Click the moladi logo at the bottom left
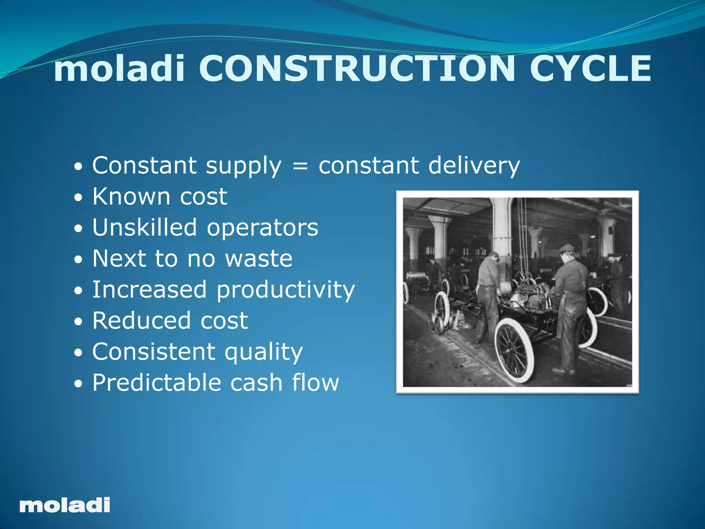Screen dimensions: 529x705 point(65,505)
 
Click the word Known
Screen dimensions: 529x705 point(131,197)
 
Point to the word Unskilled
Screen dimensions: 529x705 point(145,228)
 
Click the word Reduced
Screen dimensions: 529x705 point(141,321)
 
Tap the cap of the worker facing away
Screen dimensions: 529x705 point(566,248)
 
